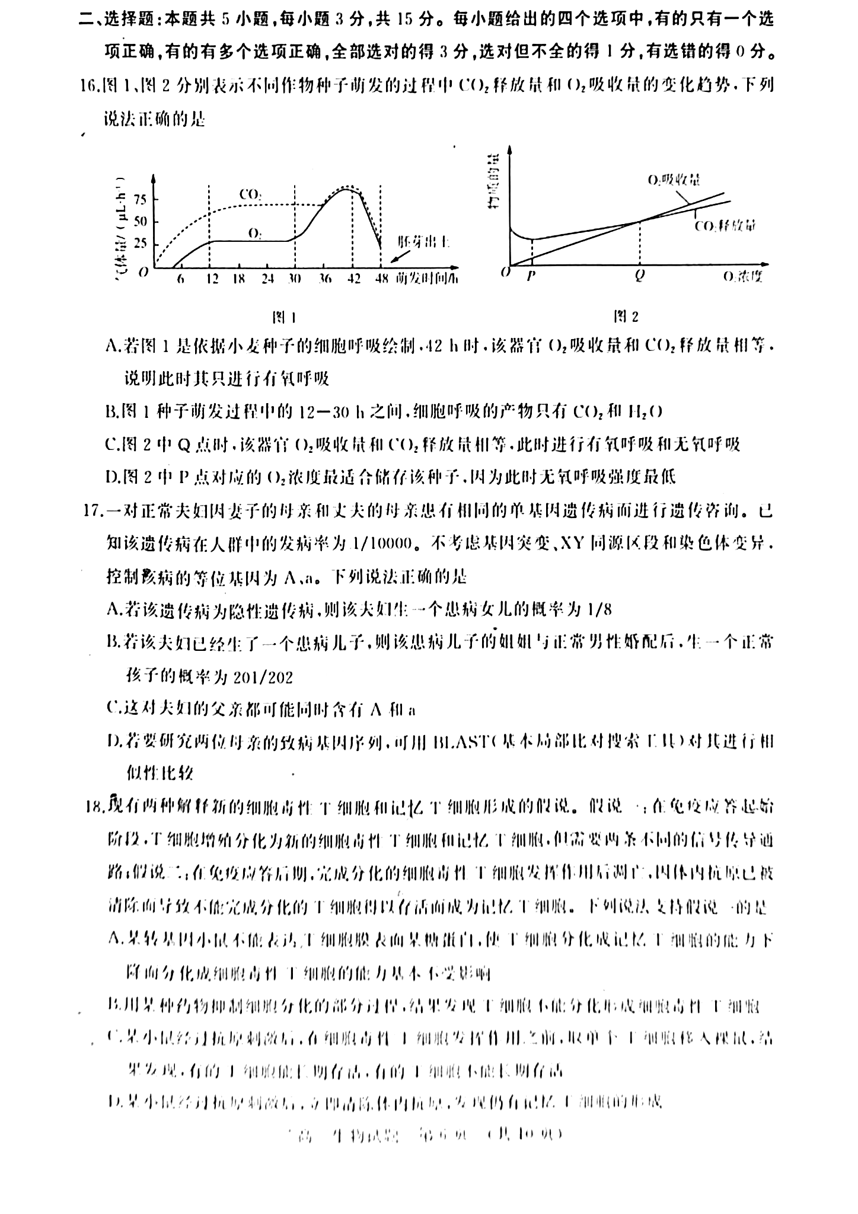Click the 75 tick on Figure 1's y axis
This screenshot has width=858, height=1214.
139,199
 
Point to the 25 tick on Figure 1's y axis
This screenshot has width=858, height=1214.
139,244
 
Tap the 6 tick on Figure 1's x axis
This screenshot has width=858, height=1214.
180,279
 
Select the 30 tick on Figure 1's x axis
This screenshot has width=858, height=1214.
295,279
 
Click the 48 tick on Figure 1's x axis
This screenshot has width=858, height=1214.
382,279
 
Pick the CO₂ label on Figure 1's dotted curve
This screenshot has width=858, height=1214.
251,194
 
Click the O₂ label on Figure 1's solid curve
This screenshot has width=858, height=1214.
255,234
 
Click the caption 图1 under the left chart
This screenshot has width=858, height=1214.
283,317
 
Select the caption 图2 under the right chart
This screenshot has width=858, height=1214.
627,317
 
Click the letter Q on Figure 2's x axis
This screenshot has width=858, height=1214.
639,276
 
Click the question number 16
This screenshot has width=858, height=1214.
89,86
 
